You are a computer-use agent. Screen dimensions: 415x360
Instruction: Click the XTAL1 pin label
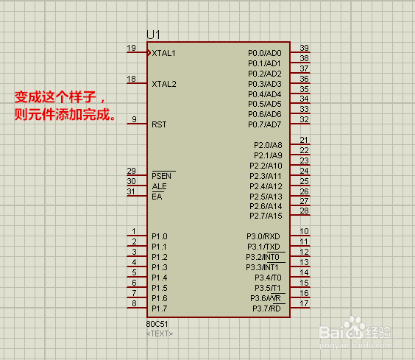coord(163,53)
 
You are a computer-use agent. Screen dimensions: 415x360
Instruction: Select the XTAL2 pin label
coord(164,84)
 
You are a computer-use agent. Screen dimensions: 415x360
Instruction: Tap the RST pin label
coord(159,124)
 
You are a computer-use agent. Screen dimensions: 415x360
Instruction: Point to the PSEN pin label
coord(162,176)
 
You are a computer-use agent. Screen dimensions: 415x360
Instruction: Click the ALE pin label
coord(160,186)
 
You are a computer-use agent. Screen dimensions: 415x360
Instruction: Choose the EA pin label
coord(157,197)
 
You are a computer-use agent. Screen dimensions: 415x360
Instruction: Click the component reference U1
coord(154,35)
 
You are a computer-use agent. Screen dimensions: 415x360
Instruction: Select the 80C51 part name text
coord(157,324)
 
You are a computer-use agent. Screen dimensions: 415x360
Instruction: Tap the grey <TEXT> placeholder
coord(160,333)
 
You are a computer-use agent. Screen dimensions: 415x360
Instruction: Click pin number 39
coord(305,48)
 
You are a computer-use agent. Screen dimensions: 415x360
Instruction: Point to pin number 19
coord(131,48)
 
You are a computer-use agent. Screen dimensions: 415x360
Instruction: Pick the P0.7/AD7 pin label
coord(265,124)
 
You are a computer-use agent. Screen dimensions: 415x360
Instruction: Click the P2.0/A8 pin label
coord(268,145)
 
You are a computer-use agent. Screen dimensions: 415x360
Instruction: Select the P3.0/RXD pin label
coord(263,236)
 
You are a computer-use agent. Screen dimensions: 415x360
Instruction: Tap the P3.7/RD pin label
coord(266,308)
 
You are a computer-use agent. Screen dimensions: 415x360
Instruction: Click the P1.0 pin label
coord(160,236)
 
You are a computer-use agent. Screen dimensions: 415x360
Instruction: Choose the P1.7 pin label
coord(160,308)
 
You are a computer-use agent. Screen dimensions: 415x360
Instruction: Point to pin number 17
coord(305,303)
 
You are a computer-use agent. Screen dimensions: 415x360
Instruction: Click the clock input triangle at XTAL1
coord(149,52)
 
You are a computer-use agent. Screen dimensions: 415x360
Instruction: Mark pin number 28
coord(305,211)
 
